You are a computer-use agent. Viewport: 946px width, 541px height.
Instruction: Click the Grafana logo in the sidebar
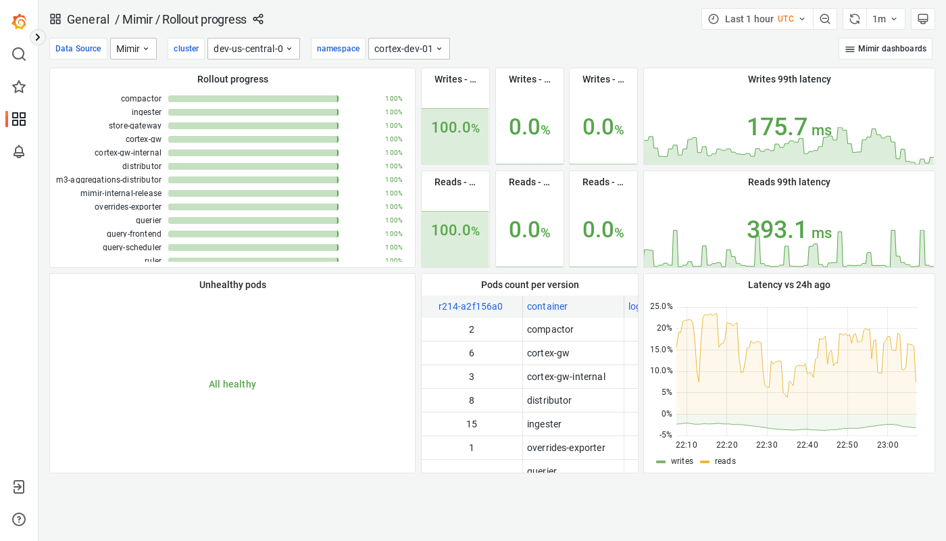tap(19, 22)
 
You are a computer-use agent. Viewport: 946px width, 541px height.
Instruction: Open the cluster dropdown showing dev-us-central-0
tap(253, 49)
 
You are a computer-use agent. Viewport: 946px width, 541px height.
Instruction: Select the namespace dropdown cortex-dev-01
tap(409, 49)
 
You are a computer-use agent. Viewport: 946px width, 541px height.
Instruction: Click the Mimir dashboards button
tap(885, 49)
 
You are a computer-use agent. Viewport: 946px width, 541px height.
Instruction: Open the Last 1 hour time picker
tap(757, 19)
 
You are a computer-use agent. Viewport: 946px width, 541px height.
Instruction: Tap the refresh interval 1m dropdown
tap(885, 19)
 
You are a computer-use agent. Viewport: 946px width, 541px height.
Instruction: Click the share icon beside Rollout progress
tap(258, 19)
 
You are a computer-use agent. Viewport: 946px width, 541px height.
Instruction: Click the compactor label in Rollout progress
tap(141, 99)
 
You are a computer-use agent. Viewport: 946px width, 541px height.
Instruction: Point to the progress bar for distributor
tap(253, 166)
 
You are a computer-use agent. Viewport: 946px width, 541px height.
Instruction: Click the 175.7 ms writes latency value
tap(789, 127)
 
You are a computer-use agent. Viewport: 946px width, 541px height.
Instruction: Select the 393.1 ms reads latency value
tap(789, 230)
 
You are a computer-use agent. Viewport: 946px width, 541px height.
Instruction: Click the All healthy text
tap(232, 384)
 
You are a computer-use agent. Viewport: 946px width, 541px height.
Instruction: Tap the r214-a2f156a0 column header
tap(470, 306)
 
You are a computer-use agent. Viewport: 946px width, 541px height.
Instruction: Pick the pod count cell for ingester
tap(472, 424)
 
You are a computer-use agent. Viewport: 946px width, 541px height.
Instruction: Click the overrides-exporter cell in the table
tap(566, 448)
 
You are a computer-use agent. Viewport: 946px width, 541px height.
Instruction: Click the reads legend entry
tap(724, 461)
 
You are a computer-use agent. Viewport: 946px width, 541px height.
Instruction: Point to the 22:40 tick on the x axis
tap(807, 445)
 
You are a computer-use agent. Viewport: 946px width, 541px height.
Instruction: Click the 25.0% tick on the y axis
tap(661, 306)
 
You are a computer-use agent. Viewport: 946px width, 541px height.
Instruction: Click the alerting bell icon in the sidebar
tap(19, 151)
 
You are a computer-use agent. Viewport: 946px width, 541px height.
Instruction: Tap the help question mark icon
tap(19, 519)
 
